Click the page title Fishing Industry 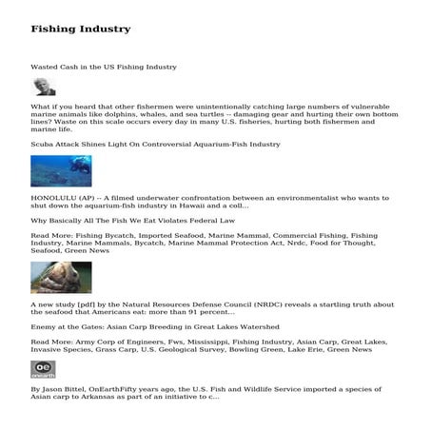(x=80, y=29)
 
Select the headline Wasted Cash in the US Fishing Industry (x=103, y=68)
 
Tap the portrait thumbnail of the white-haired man (x=43, y=87)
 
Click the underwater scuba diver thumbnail (x=61, y=170)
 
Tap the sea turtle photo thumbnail (x=61, y=277)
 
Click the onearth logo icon (x=43, y=368)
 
